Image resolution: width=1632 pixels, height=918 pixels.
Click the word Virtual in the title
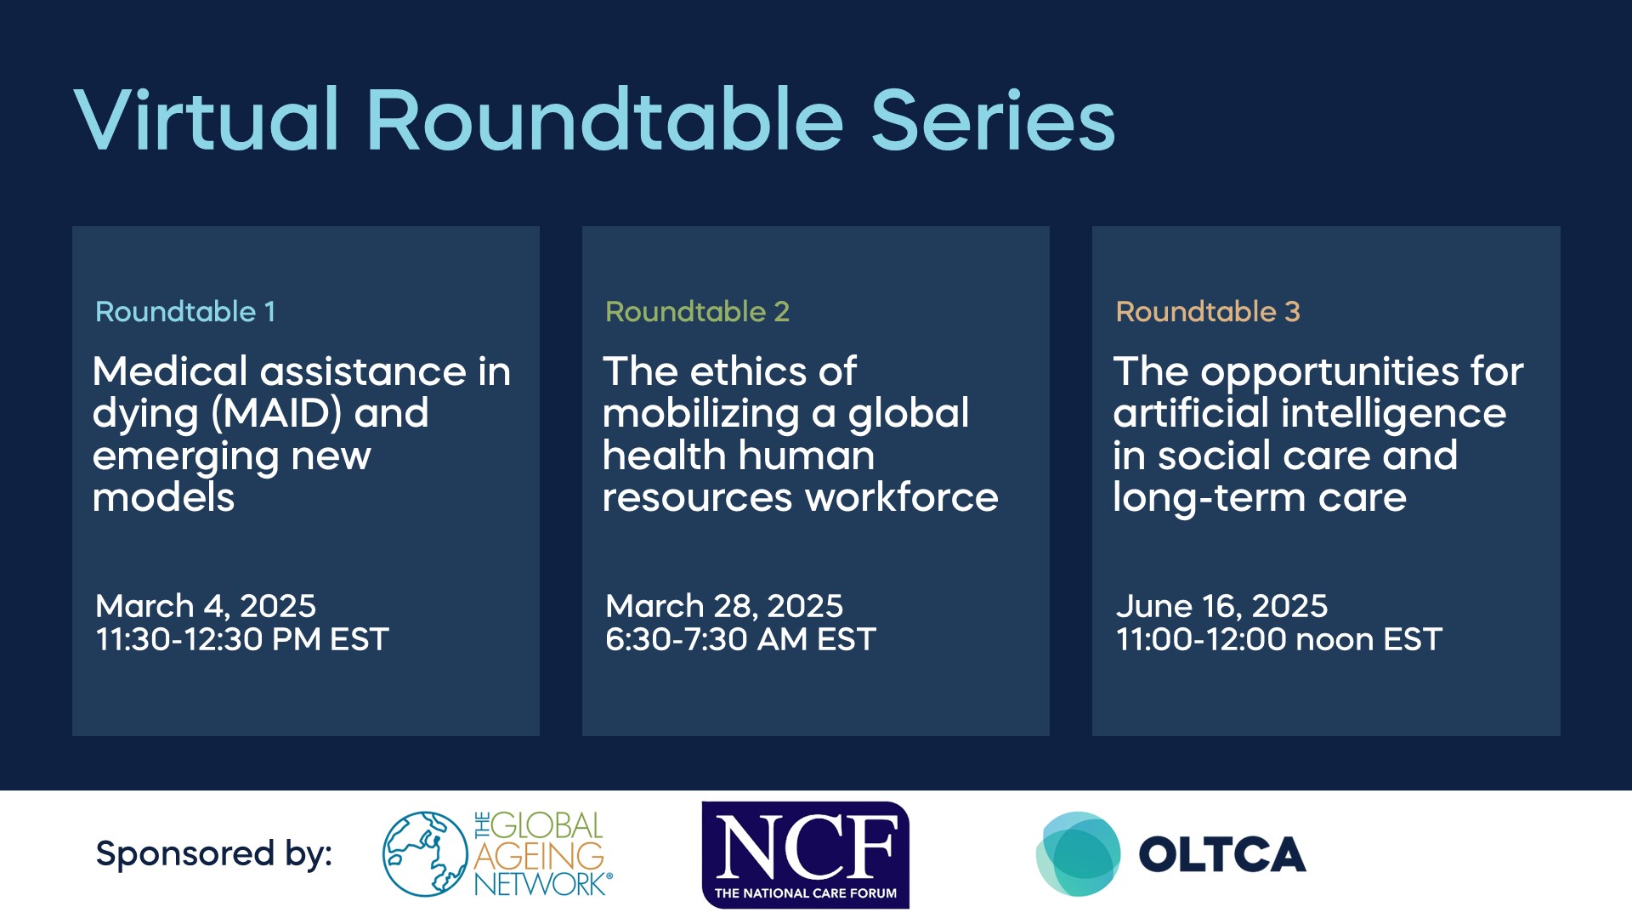tap(207, 121)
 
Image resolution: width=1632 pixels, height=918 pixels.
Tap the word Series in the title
tap(993, 121)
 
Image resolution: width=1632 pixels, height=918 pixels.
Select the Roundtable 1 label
tap(185, 312)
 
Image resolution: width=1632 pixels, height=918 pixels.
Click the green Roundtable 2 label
tap(697, 312)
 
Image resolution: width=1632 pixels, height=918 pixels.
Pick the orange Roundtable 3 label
tap(1208, 312)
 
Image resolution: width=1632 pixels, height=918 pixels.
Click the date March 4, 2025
tap(206, 606)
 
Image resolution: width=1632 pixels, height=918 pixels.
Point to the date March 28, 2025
tap(724, 606)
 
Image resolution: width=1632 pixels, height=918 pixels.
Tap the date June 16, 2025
tap(1221, 606)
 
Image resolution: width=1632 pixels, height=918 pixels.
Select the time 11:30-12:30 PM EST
tap(242, 639)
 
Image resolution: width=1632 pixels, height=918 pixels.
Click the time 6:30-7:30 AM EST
tap(740, 639)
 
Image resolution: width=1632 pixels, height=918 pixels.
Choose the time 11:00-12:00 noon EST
tap(1279, 639)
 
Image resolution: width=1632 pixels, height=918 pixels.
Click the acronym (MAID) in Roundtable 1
tap(277, 414)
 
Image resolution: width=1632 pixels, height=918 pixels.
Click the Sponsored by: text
tap(214, 853)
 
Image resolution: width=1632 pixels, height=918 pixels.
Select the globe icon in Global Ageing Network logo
tap(425, 853)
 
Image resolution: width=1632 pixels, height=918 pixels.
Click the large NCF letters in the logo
tap(806, 846)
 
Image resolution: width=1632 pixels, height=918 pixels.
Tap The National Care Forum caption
tap(806, 893)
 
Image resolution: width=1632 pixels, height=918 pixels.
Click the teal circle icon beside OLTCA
tap(1078, 853)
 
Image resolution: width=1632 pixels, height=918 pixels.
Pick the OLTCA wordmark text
tap(1222, 855)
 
